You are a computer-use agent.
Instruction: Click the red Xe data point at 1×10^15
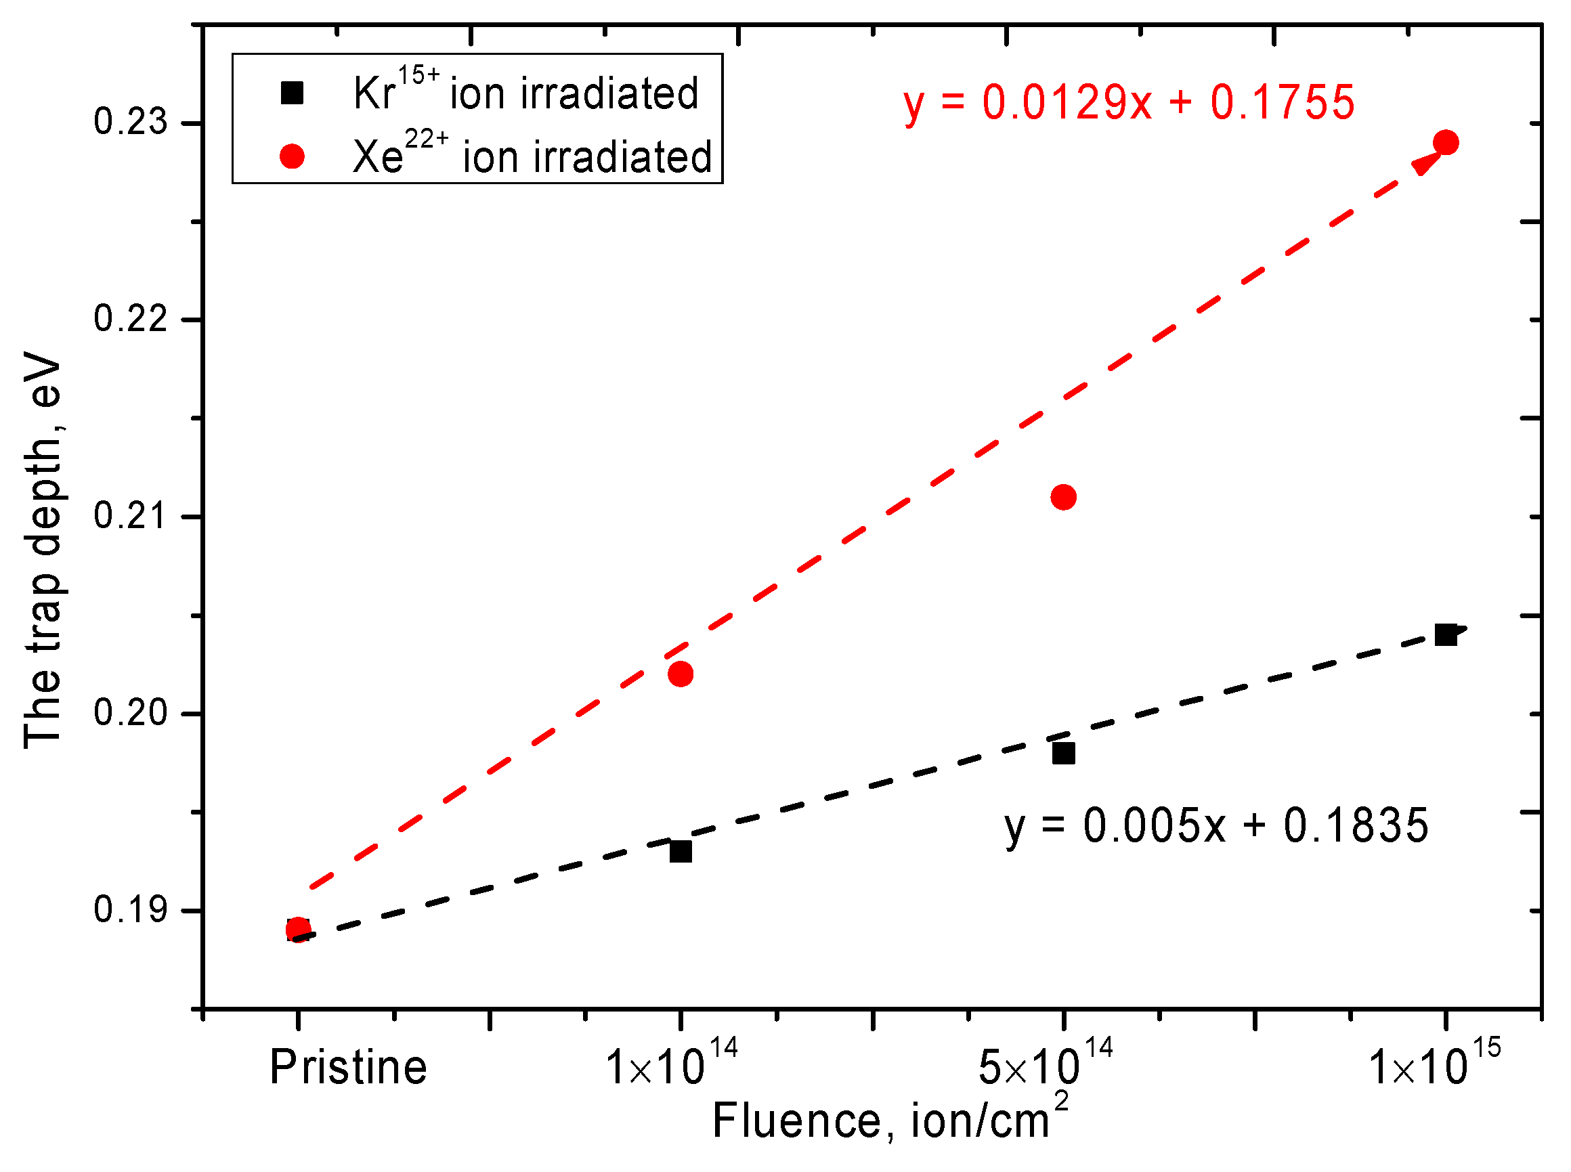(x=1444, y=143)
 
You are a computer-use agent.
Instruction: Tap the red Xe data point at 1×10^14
(x=680, y=673)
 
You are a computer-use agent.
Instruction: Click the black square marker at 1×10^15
(x=1444, y=635)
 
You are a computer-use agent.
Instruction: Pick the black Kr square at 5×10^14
(x=1062, y=753)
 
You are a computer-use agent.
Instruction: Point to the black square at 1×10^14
(x=680, y=850)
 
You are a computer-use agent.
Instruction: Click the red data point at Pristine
(x=297, y=929)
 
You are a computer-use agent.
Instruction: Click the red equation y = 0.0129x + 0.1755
(x=1128, y=103)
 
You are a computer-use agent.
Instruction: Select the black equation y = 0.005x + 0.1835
(x=1215, y=827)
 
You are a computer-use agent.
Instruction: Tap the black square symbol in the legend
(x=292, y=93)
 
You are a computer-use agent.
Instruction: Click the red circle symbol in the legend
(x=292, y=156)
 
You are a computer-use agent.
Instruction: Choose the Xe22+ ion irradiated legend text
(x=532, y=154)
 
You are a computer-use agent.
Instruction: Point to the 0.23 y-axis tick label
(x=130, y=122)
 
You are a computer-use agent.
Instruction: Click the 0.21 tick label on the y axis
(x=130, y=516)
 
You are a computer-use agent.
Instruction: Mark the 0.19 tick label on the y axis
(x=130, y=909)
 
